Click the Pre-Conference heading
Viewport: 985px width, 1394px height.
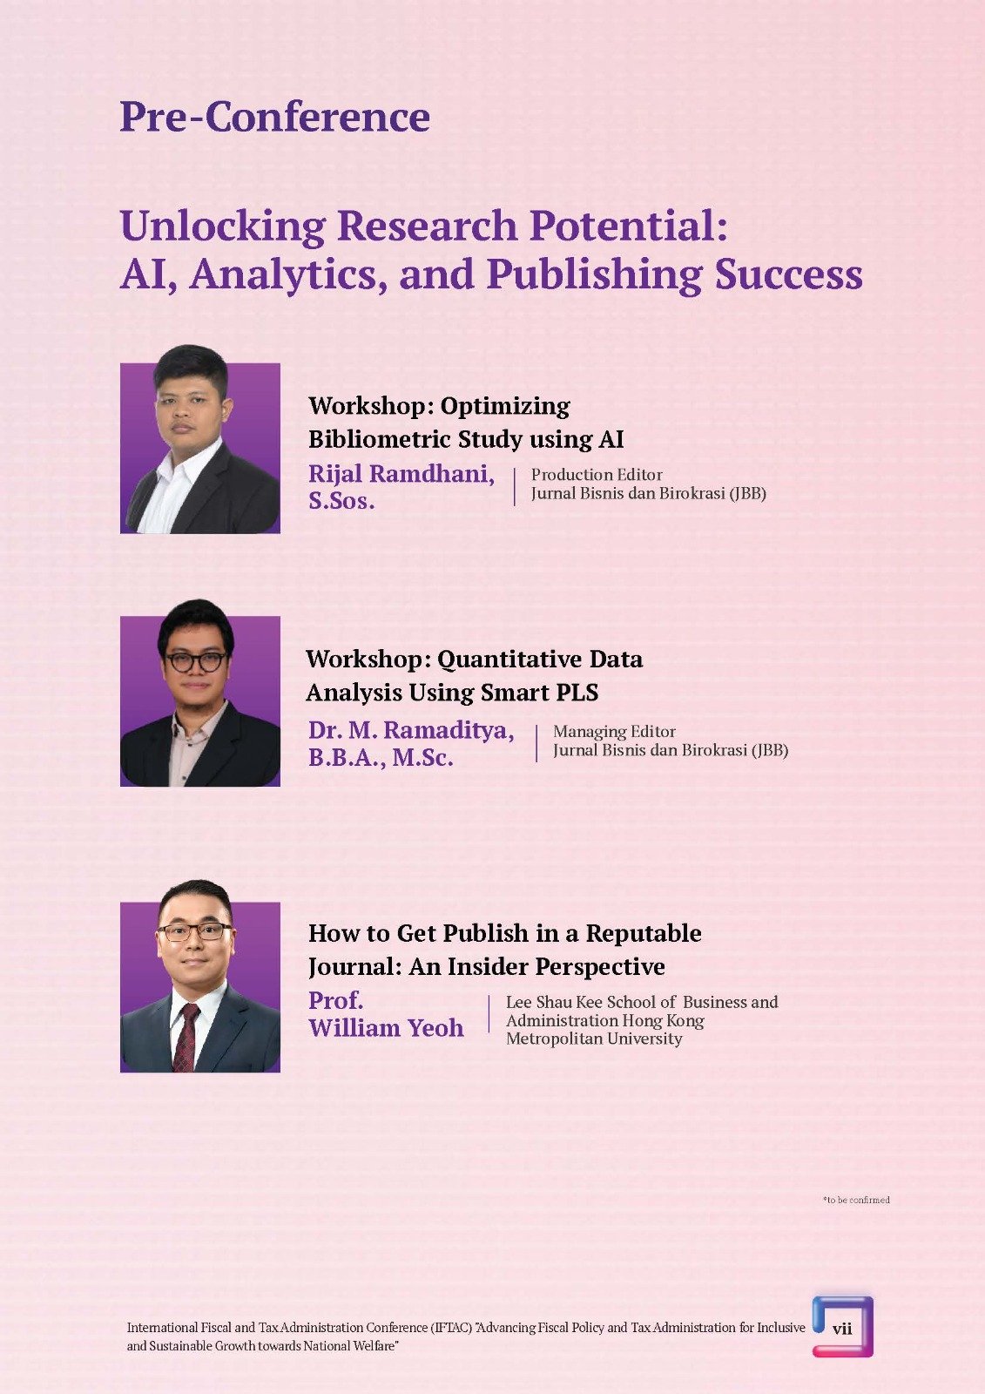274,117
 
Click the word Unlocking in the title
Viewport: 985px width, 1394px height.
223,227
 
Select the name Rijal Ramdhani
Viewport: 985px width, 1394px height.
401,474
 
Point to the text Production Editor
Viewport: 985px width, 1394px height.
596,475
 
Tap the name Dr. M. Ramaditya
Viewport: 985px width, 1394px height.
411,730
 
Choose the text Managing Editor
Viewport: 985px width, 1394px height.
614,732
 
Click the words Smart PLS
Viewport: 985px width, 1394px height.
539,692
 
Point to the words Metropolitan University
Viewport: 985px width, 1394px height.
594,1038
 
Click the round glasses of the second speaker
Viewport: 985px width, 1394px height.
195,661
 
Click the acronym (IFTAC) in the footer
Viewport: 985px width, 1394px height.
450,1328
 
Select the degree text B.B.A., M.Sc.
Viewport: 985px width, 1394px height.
381,758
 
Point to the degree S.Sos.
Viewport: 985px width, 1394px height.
341,501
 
